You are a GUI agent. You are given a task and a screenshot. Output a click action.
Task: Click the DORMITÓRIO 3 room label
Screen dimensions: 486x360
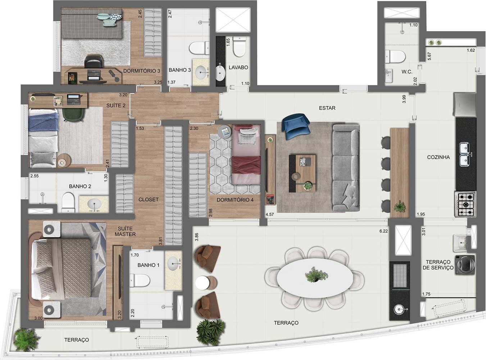pos(141,71)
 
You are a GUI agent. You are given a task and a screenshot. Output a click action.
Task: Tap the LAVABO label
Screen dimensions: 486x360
pos(239,67)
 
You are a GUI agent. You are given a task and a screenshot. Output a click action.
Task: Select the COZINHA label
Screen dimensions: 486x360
pos(438,157)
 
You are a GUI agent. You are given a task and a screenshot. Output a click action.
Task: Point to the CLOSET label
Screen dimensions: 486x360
pos(148,199)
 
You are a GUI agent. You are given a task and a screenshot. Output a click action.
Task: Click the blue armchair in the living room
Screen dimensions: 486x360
pos(296,126)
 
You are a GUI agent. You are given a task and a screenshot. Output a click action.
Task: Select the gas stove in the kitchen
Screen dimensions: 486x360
pos(465,204)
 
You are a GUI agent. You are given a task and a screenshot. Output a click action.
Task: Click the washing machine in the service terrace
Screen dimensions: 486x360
pos(465,265)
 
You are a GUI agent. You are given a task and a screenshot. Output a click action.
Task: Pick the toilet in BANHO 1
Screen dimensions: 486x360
pos(140,280)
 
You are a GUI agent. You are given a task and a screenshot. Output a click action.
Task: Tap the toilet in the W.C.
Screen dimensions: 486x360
pos(395,57)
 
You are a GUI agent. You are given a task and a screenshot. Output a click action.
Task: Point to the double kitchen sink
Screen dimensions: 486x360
pos(465,154)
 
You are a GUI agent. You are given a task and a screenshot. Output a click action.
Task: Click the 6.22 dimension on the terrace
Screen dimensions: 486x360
pos(383,231)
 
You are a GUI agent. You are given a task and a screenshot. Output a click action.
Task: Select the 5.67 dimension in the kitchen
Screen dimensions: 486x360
pos(429,56)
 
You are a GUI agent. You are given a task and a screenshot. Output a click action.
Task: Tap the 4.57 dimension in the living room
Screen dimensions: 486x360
pos(269,214)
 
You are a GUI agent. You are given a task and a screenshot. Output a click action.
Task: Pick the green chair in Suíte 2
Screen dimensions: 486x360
pos(73,114)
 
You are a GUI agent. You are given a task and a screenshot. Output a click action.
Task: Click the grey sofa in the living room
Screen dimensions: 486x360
pos(346,168)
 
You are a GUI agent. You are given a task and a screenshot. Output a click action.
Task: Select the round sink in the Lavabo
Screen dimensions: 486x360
pos(220,73)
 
